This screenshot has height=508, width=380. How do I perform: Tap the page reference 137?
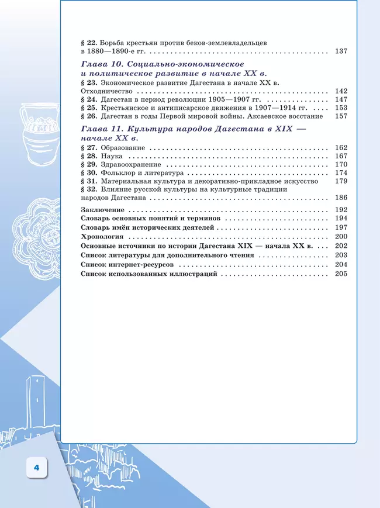[x=341, y=51]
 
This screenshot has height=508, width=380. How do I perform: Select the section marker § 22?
[x=89, y=43]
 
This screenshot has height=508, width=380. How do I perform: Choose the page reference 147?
[x=341, y=100]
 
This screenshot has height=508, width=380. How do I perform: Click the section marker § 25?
[x=89, y=108]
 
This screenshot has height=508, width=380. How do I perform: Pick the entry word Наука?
[x=112, y=156]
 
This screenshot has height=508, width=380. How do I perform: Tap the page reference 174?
[x=341, y=173]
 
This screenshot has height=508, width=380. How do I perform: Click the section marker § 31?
[x=89, y=181]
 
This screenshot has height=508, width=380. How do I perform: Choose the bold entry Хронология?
[x=102, y=237]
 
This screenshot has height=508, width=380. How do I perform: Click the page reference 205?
[x=341, y=274]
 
